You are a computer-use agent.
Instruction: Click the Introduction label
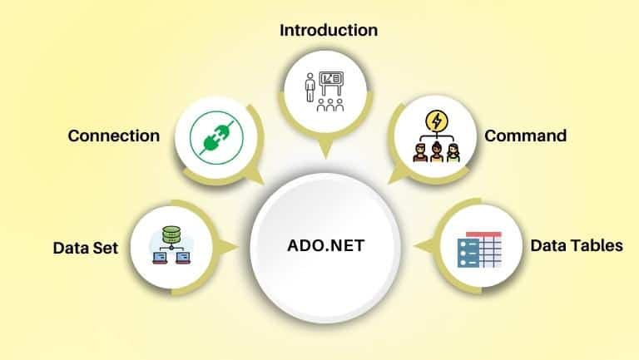point(329,30)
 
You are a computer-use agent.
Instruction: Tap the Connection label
point(114,136)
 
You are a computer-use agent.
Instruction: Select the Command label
point(525,136)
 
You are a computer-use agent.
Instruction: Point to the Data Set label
point(86,248)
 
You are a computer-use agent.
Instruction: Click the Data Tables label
point(577,245)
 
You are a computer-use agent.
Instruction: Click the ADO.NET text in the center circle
point(325,245)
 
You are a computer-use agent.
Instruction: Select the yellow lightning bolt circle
point(437,121)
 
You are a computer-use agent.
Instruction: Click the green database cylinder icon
point(171,235)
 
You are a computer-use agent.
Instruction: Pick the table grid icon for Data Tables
point(479,249)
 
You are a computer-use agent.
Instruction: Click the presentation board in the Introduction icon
point(331,83)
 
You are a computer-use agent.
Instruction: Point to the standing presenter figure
point(310,87)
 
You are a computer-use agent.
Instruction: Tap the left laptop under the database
point(160,258)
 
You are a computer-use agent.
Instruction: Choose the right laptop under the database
point(183,258)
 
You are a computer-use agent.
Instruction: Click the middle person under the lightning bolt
point(437,152)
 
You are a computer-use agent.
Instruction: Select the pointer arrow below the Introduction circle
point(326,150)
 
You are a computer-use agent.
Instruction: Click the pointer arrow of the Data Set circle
point(228,247)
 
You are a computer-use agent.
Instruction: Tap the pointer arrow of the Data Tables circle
point(424,246)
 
